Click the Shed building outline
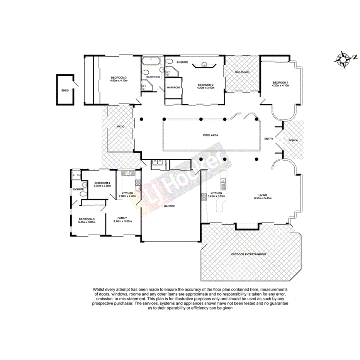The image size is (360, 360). point(65,90)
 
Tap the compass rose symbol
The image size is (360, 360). point(342,59)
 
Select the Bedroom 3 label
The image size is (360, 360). point(119,78)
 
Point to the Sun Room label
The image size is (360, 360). point(242,72)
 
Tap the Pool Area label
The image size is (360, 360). point(211,135)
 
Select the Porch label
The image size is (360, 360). point(293,140)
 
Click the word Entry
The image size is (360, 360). point(269,139)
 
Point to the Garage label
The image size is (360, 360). point(169,206)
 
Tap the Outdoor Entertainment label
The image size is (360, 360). point(249,254)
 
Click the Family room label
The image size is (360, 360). point(122,218)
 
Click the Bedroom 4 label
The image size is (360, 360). point(102,183)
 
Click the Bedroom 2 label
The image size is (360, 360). point(205,85)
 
